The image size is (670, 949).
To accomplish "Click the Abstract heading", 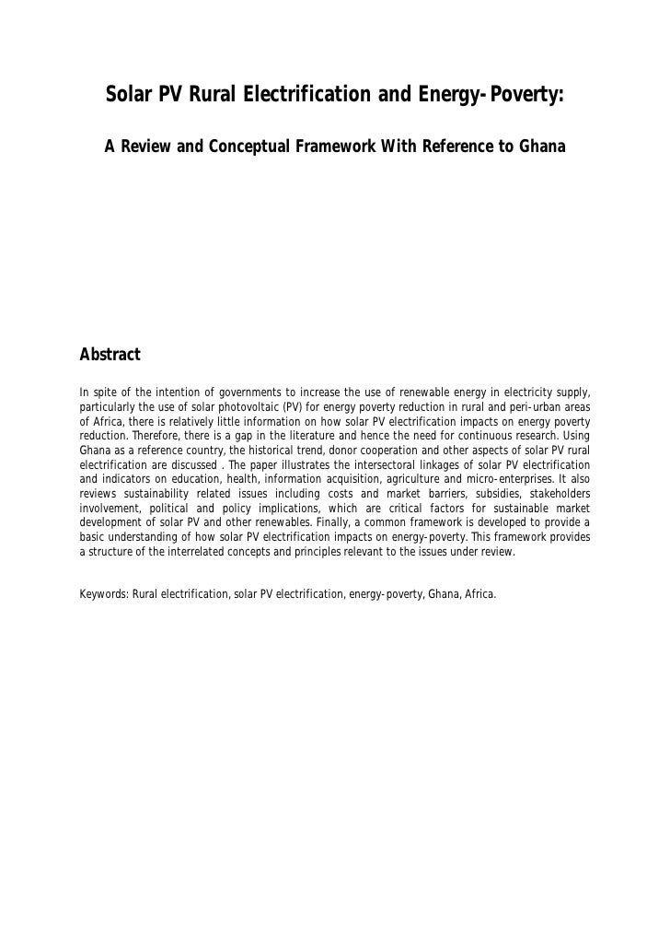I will [110, 354].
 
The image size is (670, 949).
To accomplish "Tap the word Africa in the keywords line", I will [479, 594].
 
